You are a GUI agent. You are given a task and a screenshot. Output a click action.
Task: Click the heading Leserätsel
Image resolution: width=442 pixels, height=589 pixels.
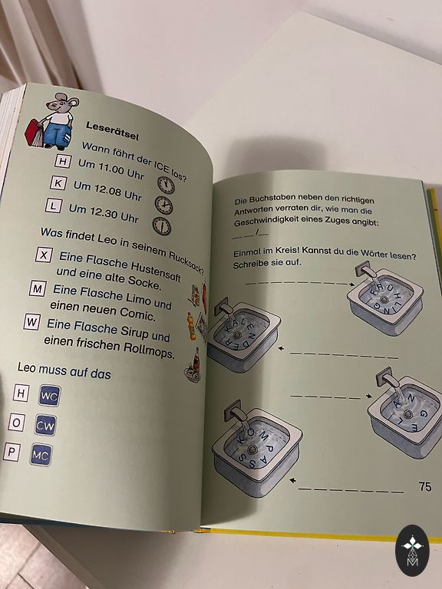coord(112,130)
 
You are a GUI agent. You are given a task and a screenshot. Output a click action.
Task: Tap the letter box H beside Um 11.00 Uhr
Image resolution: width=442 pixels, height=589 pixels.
coord(63,162)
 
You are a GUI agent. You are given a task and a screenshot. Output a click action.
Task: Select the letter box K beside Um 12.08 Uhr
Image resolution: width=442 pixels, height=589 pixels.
coord(58,183)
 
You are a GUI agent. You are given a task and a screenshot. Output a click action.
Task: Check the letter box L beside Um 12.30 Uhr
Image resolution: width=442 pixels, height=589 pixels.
coord(54,206)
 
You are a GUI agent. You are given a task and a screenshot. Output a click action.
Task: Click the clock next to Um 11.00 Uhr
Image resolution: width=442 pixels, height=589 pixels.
coord(166,185)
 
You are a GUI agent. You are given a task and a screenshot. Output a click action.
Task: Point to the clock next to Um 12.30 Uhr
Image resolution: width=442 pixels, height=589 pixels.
coord(162,226)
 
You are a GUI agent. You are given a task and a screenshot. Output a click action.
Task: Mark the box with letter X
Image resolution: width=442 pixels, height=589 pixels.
coord(44,255)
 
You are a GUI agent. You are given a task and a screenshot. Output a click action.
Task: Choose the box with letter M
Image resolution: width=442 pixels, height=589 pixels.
coord(38,289)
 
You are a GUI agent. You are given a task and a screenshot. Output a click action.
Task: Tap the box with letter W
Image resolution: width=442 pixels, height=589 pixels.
coord(31,322)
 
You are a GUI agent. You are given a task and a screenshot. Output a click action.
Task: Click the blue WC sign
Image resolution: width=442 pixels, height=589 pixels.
coord(49,396)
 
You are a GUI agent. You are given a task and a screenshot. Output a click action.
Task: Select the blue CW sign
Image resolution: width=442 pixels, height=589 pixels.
coord(45,425)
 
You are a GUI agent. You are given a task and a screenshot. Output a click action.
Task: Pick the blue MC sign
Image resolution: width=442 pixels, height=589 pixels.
coord(41,455)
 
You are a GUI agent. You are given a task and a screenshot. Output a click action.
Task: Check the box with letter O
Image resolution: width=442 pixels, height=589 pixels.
coord(17,423)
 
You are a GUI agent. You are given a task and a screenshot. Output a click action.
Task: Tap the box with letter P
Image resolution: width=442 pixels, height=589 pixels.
coord(12,452)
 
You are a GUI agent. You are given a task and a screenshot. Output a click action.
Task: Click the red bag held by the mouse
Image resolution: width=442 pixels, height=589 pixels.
coord(35,133)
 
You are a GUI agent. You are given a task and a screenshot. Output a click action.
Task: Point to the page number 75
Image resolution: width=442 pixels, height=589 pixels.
coord(425,486)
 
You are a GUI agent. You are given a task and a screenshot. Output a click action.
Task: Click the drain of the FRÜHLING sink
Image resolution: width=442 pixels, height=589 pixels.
coord(384,300)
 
